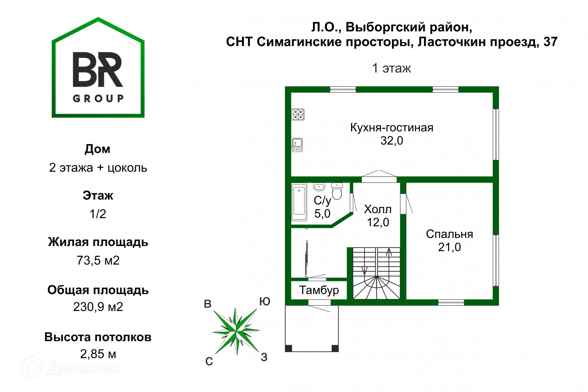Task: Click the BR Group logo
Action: click(98, 69)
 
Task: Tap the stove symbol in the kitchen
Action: click(298, 115)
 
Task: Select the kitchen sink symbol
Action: click(297, 145)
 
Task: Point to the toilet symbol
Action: click(337, 191)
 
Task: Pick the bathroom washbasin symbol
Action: click(319, 187)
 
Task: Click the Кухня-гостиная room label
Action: click(392, 128)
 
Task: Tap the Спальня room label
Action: click(449, 234)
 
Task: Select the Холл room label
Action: click(378, 209)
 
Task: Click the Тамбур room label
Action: click(319, 290)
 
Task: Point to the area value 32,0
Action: click(392, 141)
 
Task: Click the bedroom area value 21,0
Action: click(449, 247)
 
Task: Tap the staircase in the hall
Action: click(377, 273)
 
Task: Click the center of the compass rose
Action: click(236, 331)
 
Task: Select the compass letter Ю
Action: click(265, 302)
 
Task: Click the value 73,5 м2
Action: click(98, 261)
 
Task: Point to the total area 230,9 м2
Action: click(98, 307)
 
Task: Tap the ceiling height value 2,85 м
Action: click(98, 354)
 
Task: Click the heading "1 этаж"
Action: click(392, 68)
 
